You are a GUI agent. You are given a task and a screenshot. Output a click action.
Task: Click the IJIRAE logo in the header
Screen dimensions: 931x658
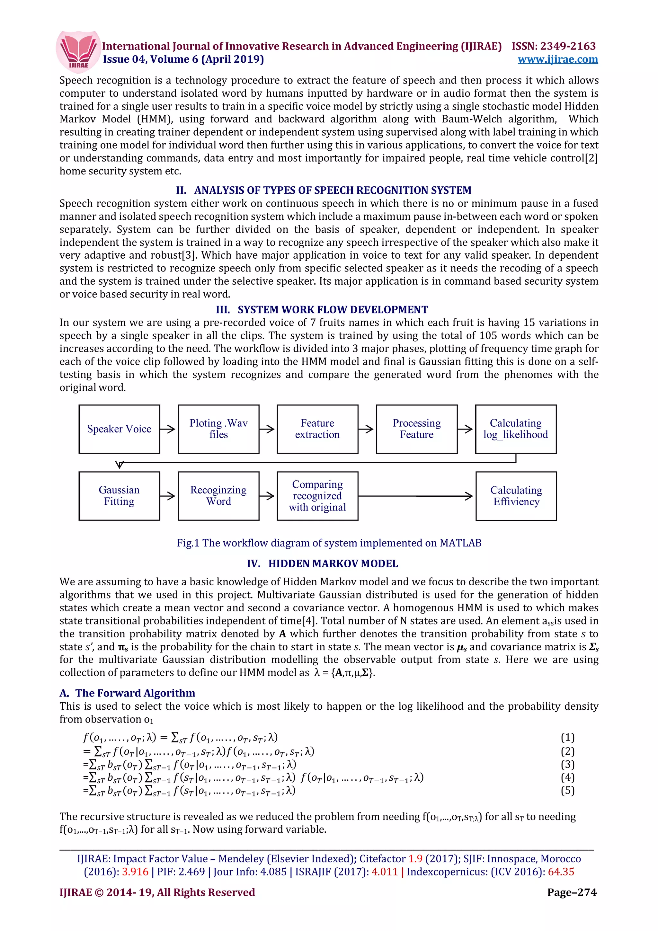[77, 51]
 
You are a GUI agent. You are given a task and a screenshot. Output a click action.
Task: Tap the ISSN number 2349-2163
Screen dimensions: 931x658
[568, 46]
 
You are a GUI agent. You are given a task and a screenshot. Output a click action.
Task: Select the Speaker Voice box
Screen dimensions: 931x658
[119, 429]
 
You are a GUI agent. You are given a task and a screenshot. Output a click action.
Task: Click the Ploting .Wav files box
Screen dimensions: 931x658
[218, 429]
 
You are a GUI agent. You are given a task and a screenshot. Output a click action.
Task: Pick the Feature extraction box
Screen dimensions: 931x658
[317, 429]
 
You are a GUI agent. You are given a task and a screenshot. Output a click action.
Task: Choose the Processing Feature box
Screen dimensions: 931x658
[416, 429]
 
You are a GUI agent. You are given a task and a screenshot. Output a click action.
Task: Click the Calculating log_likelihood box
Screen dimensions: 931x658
[515, 429]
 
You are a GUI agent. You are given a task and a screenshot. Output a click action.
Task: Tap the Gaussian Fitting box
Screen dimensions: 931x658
[119, 496]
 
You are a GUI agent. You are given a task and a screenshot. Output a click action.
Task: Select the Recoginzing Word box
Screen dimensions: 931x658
[218, 496]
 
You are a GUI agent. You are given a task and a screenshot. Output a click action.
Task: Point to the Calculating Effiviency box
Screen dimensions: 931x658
[516, 496]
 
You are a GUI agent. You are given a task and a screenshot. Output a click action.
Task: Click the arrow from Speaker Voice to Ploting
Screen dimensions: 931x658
[168, 429]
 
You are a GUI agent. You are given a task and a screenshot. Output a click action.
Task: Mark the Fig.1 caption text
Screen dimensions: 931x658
[329, 543]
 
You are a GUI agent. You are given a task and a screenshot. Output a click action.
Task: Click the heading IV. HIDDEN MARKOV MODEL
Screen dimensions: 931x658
[322, 563]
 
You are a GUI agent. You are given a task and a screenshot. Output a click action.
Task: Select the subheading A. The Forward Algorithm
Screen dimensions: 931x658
[127, 693]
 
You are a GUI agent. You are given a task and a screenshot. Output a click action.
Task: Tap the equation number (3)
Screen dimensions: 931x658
[567, 764]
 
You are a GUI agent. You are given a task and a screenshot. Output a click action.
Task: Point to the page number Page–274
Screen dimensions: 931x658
[572, 892]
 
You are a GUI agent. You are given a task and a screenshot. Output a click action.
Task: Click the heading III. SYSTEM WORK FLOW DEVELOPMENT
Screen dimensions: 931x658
[322, 310]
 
